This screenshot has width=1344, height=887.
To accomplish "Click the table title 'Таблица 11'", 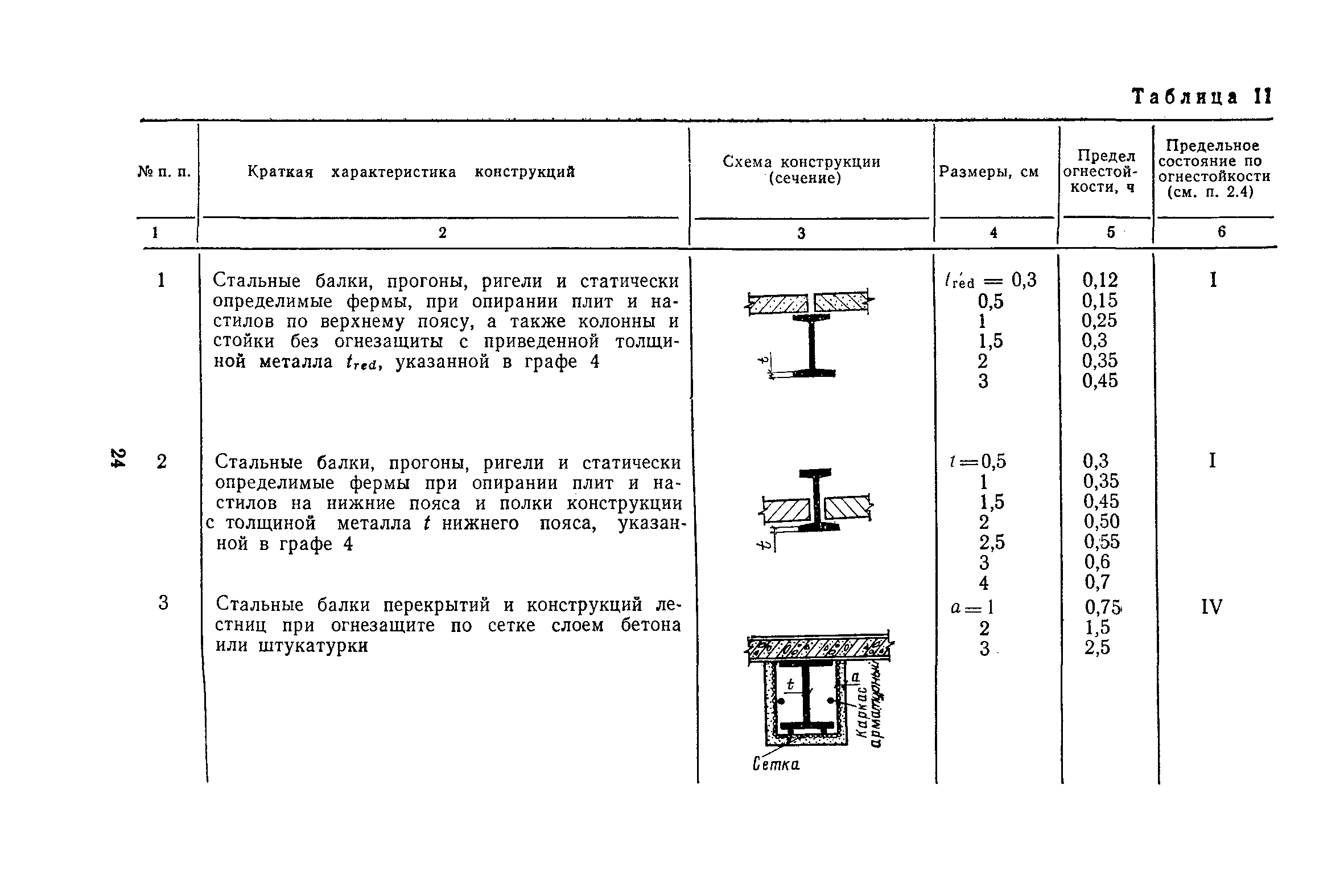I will click(1201, 97).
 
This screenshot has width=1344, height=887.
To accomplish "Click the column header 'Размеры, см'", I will click(989, 171).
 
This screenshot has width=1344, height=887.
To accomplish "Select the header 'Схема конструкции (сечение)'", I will click(801, 170).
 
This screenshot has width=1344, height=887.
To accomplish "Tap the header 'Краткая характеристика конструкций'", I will click(411, 172).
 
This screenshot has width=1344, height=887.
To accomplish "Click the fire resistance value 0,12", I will click(1099, 280).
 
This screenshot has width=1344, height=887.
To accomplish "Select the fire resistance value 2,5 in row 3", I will click(1096, 648).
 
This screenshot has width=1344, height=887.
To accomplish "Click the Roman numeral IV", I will click(1212, 607).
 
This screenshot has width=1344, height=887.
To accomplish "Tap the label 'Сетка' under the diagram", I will click(776, 765).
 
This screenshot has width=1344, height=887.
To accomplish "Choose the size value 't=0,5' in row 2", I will click(978, 461).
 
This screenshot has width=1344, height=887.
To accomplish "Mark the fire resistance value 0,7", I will click(1097, 582).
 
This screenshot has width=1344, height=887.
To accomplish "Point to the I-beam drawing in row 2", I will click(815, 501).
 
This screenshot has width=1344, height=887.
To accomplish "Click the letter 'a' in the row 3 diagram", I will click(855, 676).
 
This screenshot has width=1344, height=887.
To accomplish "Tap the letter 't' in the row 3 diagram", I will click(790, 684).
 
